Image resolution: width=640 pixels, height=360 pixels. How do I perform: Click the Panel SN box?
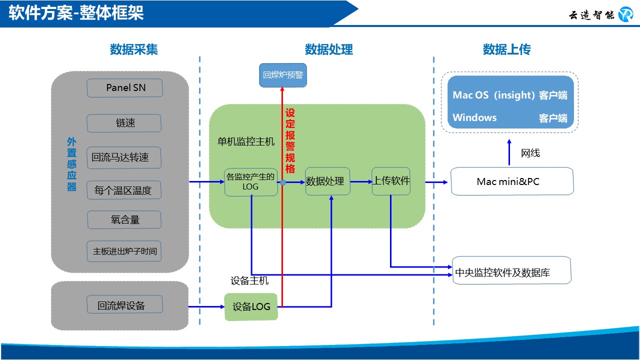tap(125, 88)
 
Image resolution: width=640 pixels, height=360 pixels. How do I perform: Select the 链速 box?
tap(124, 123)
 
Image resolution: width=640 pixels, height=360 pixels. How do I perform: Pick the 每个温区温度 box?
tap(124, 190)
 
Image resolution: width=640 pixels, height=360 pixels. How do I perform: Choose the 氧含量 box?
tap(124, 219)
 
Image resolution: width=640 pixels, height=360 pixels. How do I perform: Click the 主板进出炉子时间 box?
tap(124, 251)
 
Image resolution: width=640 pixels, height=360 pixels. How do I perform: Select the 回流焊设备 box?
tap(124, 304)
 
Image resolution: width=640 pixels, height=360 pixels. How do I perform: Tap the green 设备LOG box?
tap(251, 306)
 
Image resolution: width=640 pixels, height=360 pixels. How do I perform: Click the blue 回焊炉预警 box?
tap(282, 75)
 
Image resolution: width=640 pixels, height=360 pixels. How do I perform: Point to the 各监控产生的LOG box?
tap(251, 182)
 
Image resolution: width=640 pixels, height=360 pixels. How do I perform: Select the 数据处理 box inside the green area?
tap(327, 181)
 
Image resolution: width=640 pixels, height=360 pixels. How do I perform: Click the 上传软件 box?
tap(391, 181)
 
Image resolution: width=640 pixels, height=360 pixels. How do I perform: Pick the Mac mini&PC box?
tap(512, 181)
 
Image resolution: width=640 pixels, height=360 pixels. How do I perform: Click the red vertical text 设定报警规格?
tap(290, 140)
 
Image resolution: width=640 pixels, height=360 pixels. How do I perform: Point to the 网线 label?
tap(530, 153)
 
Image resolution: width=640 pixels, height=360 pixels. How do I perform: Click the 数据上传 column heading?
tap(506, 49)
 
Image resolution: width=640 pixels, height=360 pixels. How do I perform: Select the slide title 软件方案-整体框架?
tap(76, 13)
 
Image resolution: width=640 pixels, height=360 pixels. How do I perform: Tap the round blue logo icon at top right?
tap(625, 14)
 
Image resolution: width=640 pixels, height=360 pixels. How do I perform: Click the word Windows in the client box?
tap(474, 117)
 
